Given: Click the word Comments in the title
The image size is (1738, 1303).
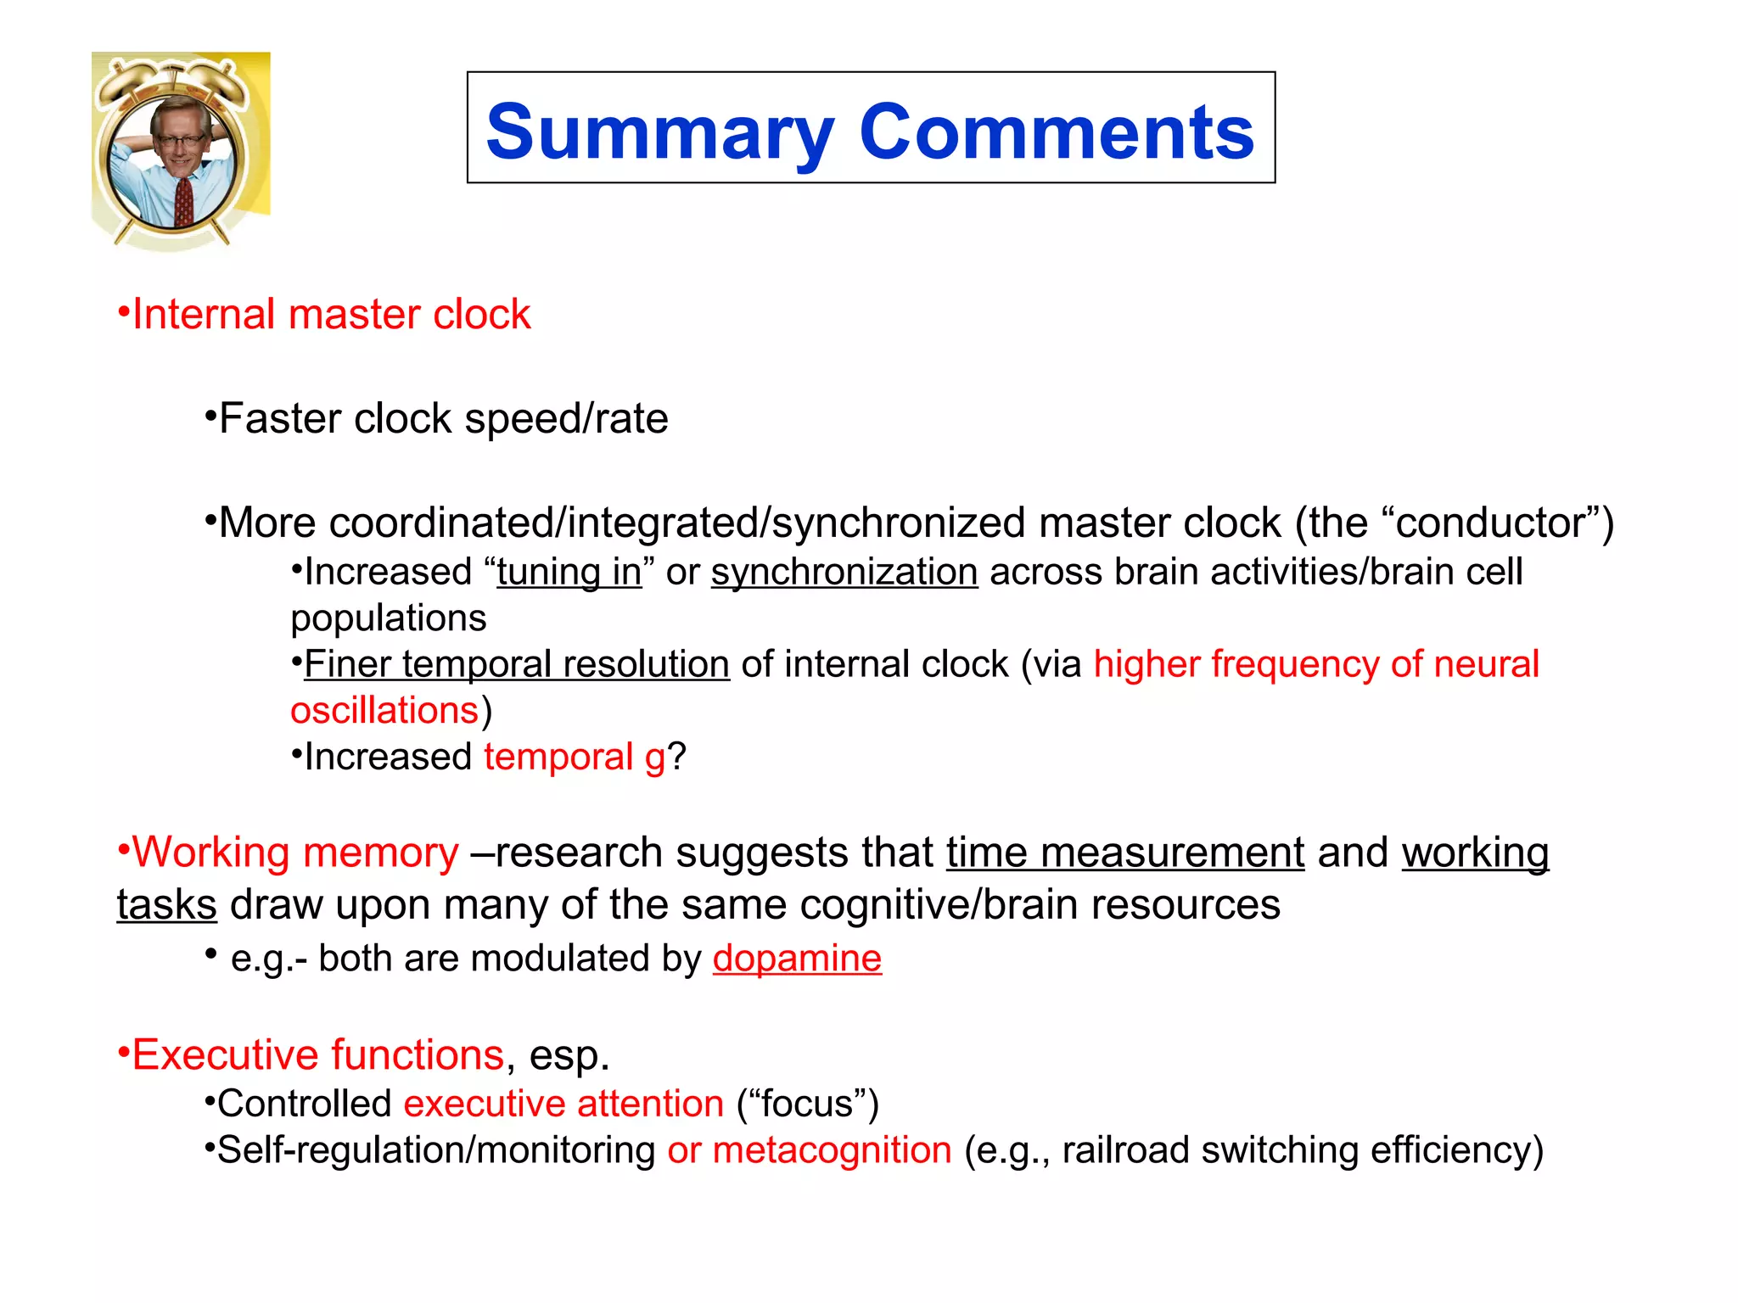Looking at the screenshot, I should pos(1057,132).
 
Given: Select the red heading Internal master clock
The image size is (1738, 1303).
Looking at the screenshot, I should pos(331,315).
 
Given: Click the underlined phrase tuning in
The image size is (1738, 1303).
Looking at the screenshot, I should pos(569,572).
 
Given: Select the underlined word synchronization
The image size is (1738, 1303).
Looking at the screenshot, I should pos(844,572).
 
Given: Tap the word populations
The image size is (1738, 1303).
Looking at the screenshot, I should pos(389,618).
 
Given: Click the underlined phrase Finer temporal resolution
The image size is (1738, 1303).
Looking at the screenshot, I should pos(517,664).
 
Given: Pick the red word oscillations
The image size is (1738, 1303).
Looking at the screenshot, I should pos(384,710).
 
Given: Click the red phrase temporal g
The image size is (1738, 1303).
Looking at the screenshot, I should pos(575,757).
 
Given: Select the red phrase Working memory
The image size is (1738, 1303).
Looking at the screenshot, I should pos(295,853).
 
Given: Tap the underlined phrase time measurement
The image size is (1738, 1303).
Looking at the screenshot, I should pos(1125,853).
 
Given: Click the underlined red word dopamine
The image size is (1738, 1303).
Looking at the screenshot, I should pos(797,959).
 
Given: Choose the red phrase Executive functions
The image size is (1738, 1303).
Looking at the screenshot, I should pos(318,1055).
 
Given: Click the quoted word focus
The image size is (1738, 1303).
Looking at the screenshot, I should pos(807,1104).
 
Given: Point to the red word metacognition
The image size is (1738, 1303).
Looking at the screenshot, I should pos(832,1150).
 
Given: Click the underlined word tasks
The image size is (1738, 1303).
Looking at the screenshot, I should pos(167,905).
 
